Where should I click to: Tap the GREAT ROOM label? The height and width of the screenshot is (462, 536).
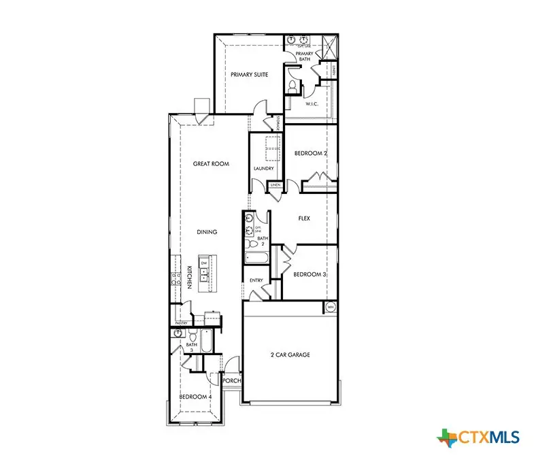tap(211, 163)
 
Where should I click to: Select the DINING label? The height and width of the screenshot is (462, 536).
tap(207, 232)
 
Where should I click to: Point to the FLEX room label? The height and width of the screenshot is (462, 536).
tap(304, 219)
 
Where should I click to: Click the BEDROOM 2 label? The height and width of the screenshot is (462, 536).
tap(310, 154)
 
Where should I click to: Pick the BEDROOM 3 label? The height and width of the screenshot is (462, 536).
tap(309, 274)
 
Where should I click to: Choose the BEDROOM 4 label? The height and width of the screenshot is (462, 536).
tap(195, 396)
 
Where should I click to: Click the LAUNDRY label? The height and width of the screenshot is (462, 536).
tap(263, 169)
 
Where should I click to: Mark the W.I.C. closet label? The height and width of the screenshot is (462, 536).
tap(312, 104)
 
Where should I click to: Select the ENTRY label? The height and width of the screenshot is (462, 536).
tap(256, 280)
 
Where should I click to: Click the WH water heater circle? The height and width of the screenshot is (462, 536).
tap(331, 308)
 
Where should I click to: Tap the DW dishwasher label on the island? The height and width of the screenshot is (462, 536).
tap(203, 263)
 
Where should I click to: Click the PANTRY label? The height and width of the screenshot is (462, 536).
tap(182, 323)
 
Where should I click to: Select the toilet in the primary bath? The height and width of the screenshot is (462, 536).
tap(292, 86)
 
